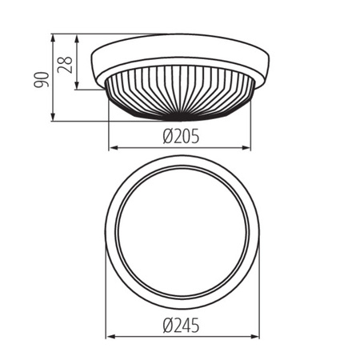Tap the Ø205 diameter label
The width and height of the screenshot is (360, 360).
(180, 136)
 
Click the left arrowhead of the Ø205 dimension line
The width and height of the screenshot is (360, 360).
(113, 147)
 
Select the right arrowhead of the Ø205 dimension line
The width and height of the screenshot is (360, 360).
(247, 147)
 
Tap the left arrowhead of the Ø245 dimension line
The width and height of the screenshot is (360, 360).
(109, 337)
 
